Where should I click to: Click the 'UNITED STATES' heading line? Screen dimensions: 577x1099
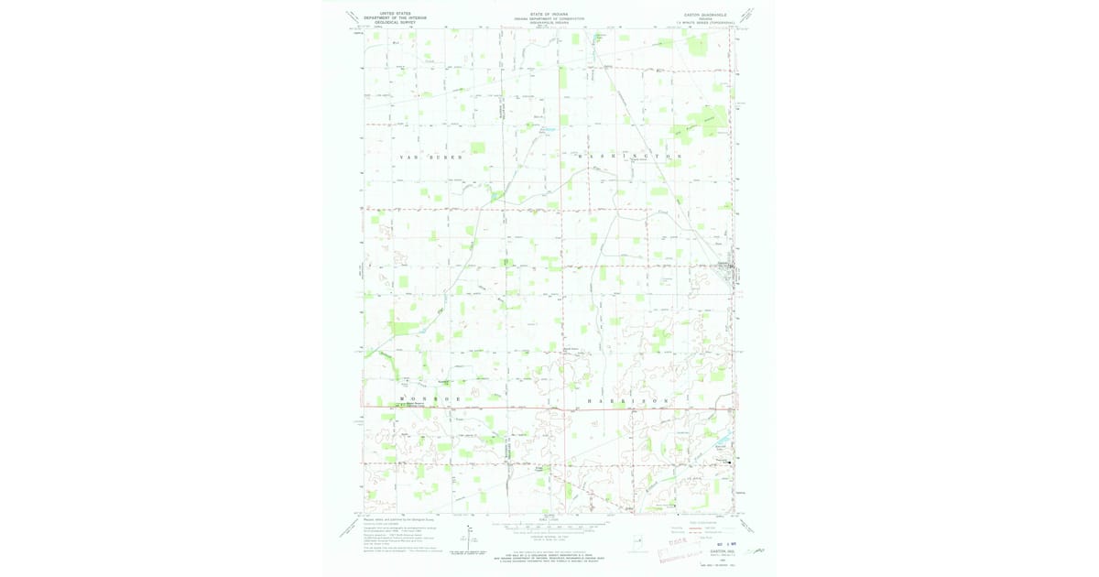(390, 13)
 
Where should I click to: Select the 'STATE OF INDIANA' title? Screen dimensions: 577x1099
(549, 14)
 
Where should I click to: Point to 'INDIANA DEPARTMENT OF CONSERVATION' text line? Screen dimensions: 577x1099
(549, 18)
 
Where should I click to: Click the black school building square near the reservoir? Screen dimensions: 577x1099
(729, 463)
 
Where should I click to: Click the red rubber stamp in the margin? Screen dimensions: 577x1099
(679, 550)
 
